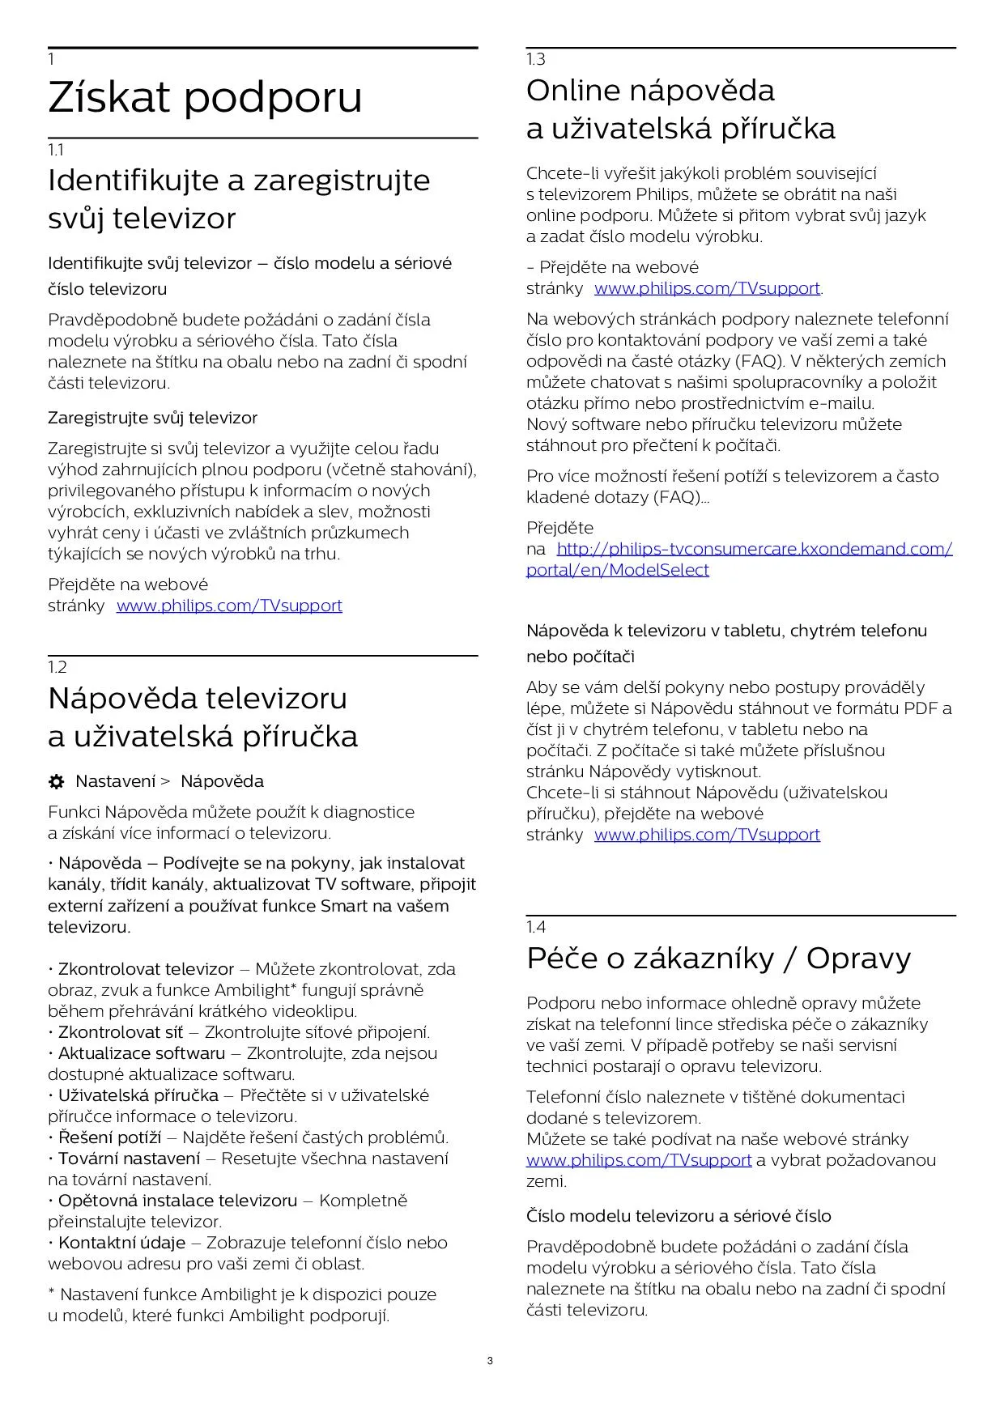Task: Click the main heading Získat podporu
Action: (205, 98)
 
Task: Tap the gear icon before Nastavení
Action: (56, 782)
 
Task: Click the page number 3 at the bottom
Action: (490, 1361)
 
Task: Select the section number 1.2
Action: (57, 667)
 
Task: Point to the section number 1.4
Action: (536, 927)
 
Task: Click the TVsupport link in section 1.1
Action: (229, 606)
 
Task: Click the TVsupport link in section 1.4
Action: (639, 1160)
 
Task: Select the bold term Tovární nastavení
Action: (129, 1159)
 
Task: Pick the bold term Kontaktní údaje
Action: (121, 1243)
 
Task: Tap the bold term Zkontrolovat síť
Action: (121, 1032)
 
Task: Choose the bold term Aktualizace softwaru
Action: (142, 1053)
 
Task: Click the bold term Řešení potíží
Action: (109, 1137)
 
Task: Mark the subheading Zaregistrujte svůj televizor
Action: (152, 419)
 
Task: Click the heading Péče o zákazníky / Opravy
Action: (718, 959)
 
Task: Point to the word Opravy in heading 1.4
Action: (858, 959)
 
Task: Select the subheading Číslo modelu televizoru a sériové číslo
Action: (679, 1216)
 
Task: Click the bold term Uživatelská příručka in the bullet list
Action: (138, 1095)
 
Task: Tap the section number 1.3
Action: (536, 59)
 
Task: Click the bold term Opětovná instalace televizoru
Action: (177, 1201)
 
